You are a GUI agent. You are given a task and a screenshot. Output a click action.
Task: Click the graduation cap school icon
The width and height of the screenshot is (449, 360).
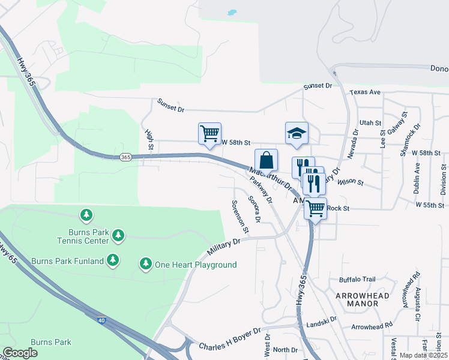pyautogui.click(x=297, y=133)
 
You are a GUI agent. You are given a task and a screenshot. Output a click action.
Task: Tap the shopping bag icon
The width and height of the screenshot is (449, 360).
pyautogui.click(x=267, y=160)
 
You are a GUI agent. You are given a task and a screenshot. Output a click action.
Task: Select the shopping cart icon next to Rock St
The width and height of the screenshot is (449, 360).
pyautogui.click(x=315, y=209)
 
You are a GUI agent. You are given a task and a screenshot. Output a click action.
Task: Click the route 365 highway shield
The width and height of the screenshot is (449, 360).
pyautogui.click(x=125, y=157)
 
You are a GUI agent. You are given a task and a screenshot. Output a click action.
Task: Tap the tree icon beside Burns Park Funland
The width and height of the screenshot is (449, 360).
pyautogui.click(x=112, y=260)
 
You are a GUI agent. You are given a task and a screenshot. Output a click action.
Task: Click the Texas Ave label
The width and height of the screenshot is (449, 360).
pyautogui.click(x=366, y=92)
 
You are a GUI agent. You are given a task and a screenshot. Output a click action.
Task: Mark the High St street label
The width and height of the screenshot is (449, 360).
pyautogui.click(x=149, y=139)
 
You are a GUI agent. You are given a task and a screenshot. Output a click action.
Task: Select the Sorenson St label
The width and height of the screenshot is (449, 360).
pyautogui.click(x=239, y=215)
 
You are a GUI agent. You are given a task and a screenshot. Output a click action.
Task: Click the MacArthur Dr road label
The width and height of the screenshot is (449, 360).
pyautogui.click(x=270, y=179)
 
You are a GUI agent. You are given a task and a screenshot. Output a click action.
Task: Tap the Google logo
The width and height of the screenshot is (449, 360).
pyautogui.click(x=20, y=353)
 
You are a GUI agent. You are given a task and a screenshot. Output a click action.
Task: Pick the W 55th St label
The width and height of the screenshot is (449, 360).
pyautogui.click(x=432, y=205)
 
